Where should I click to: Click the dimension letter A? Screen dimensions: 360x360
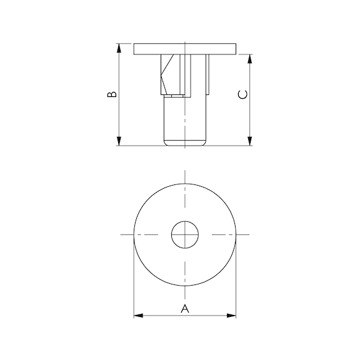tap(185, 308)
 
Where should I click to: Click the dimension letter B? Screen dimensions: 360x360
tap(112, 94)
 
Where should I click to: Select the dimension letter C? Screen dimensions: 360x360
tap(243, 94)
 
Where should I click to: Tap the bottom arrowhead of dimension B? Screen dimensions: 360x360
tap(119, 141)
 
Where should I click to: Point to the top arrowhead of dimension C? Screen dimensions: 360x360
tap(250, 59)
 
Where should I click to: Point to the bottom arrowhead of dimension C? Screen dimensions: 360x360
tap(250, 141)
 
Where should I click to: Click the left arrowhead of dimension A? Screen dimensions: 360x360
tap(138, 316)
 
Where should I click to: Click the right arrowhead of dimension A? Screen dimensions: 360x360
tap(231, 316)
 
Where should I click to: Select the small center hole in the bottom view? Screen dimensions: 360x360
tap(185, 234)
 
